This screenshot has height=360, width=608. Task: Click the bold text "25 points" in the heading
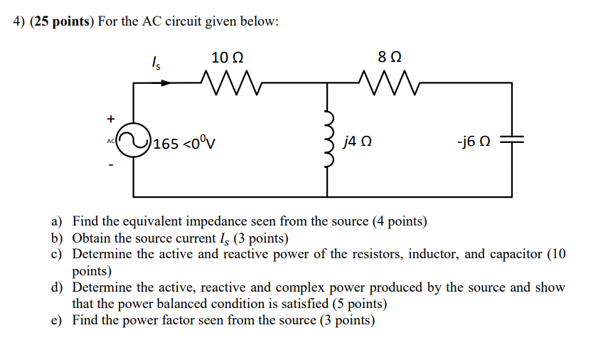pyautogui.click(x=60, y=21)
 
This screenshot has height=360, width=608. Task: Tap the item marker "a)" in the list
pyautogui.click(x=56, y=222)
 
